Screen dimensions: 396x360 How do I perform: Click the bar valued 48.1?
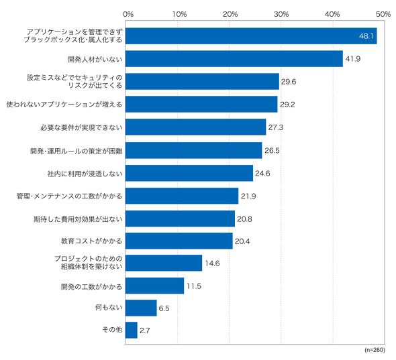251,36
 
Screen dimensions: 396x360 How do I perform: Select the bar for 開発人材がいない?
234,59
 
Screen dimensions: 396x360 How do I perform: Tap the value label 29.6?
289,82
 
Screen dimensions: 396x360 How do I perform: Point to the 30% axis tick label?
281,14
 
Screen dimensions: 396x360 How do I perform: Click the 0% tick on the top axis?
128,14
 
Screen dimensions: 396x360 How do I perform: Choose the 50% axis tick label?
383,14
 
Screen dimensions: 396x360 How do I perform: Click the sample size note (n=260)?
375,350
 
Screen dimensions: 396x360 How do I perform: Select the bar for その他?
132,330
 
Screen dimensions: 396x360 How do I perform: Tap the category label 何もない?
109,307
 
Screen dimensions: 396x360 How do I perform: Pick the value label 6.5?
164,308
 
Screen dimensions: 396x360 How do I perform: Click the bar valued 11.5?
155,286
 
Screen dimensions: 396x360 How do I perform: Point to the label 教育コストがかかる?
91,241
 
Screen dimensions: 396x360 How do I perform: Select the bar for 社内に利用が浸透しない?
189,173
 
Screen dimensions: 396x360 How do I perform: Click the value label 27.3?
276,127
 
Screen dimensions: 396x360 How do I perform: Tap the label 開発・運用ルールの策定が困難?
77,151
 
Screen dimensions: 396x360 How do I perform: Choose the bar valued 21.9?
182,196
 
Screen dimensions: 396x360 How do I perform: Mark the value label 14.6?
212,263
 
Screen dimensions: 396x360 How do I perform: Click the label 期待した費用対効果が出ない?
78,219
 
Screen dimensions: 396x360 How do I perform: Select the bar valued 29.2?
201,104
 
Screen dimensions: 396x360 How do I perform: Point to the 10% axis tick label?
179,14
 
